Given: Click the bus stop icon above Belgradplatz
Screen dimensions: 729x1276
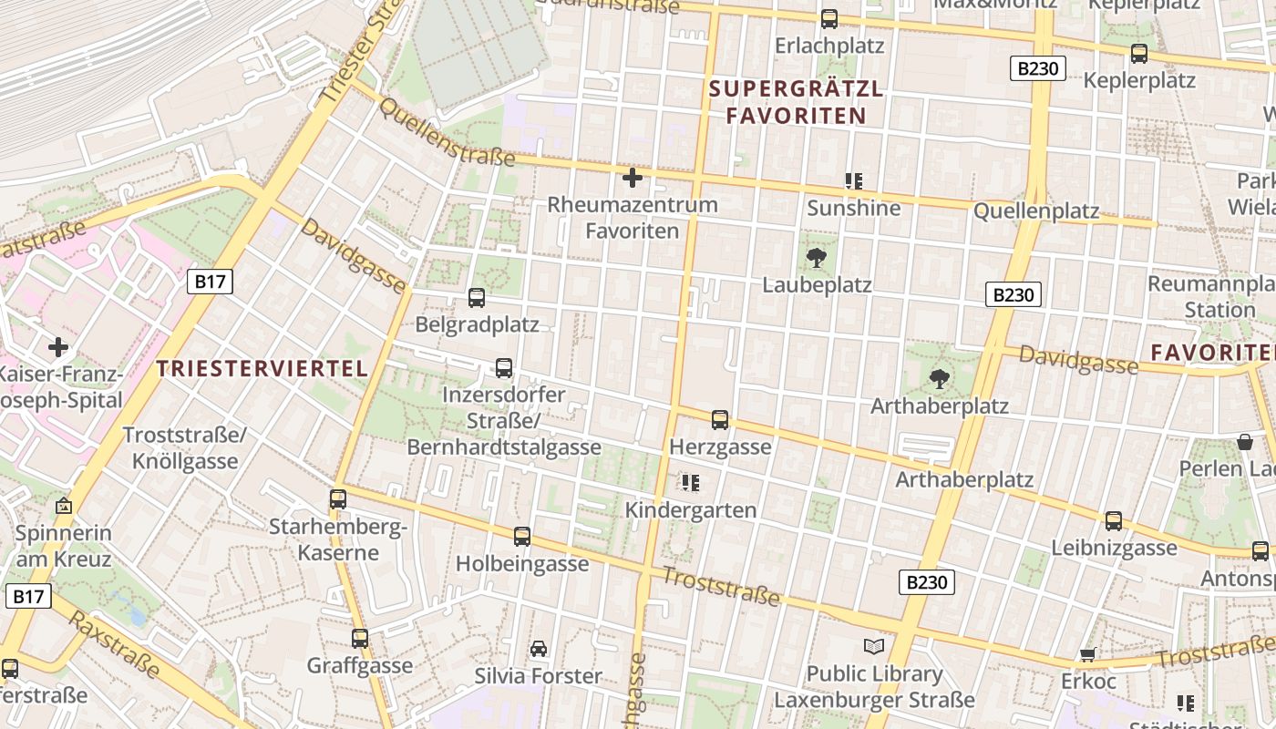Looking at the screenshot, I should point(476,298).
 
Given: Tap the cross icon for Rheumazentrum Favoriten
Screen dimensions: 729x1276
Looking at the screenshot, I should point(632,178).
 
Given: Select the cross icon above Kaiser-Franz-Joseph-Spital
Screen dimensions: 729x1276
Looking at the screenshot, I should point(58,347).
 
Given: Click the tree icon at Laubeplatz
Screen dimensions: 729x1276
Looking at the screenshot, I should point(817,258).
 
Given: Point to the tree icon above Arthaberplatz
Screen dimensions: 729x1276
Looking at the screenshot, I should point(939,379).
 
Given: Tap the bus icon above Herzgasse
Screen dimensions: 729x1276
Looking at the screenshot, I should point(720,420).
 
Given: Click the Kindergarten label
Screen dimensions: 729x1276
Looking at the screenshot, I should point(691,510).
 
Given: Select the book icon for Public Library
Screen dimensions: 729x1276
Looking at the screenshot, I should point(874,647).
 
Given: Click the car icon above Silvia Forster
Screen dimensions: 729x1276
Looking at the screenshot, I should point(539,649).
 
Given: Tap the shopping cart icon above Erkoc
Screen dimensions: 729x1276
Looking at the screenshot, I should point(1087,654).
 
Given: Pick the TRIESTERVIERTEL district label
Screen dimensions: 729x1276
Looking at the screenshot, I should point(262,369).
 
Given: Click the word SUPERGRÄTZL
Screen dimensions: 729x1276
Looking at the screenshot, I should point(796,89).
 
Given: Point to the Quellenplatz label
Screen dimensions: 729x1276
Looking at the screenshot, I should point(1036,211).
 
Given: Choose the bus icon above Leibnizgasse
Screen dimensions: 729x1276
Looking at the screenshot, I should point(1114,521).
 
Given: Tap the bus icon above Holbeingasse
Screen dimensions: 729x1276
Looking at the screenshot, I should point(522,537).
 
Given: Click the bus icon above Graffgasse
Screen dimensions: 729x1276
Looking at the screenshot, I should point(360,639).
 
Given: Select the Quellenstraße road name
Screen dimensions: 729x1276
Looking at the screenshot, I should point(446,133).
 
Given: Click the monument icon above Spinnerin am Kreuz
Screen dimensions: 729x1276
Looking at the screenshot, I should point(64,506).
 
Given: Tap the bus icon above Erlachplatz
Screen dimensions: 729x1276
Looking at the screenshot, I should point(829,19).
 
